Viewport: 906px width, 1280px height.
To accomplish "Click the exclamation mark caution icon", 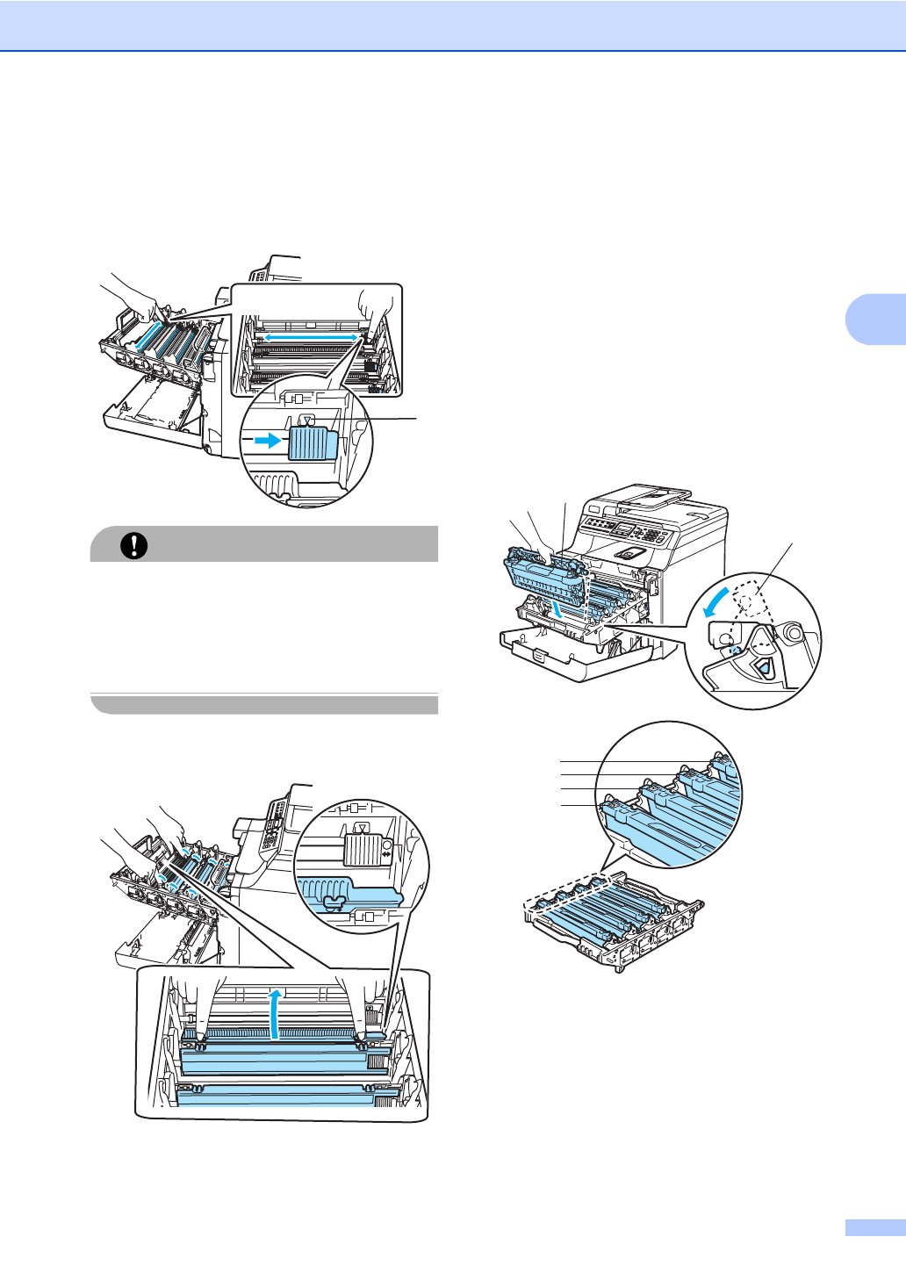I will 133,545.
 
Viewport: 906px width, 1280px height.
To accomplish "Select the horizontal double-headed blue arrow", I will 311,336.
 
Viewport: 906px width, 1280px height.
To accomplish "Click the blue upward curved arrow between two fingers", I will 277,1013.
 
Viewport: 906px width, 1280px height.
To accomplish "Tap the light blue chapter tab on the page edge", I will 875,318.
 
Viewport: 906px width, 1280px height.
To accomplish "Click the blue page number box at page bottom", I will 874,1227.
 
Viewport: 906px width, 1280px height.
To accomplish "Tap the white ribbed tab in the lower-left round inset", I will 360,851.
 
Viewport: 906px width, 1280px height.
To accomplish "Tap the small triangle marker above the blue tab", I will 306,420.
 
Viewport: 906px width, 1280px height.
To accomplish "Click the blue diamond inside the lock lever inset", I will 763,668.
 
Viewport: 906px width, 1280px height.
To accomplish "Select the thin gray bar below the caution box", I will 264,704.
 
